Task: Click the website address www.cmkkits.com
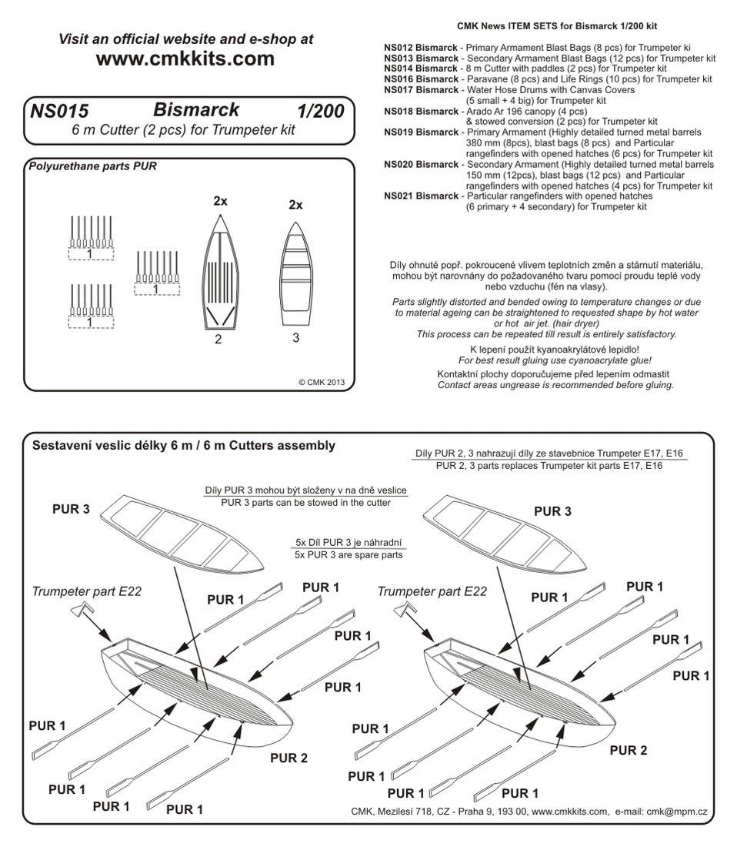pos(185,59)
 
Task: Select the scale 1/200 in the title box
pos(320,112)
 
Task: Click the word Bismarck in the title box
pos(195,110)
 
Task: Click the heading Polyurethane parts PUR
pos(92,166)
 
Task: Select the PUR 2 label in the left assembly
pos(289,758)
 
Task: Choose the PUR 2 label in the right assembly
pos(628,751)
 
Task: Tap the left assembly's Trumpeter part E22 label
pos(87,591)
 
